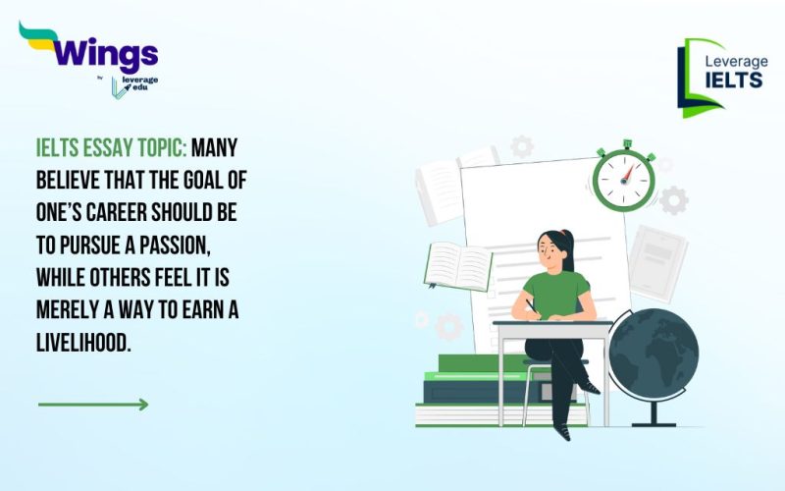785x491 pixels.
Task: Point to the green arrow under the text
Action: pyautogui.click(x=93, y=404)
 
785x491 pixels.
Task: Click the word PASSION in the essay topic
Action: pyautogui.click(x=210, y=239)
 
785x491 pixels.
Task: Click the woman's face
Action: pyautogui.click(x=555, y=254)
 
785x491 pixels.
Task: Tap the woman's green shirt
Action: pyautogui.click(x=555, y=294)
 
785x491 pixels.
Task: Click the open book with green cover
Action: pyautogui.click(x=458, y=266)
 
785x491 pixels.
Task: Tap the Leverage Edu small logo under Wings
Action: pyautogui.click(x=134, y=85)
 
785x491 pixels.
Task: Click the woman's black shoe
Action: pyautogui.click(x=561, y=429)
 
